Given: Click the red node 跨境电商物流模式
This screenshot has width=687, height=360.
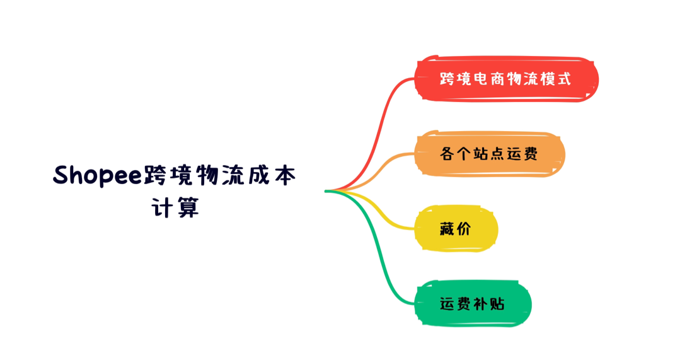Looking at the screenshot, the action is point(506,79).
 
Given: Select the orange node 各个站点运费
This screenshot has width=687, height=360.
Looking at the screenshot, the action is point(489,154).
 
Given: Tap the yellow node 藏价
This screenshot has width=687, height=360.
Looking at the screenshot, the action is point(456,228).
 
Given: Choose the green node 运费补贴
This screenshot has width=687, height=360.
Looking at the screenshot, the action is point(473,303).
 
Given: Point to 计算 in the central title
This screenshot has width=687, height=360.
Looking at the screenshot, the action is point(175,207).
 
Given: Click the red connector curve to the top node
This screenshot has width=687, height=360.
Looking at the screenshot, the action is point(377,127).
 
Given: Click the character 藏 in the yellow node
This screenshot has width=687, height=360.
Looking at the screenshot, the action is point(447,228).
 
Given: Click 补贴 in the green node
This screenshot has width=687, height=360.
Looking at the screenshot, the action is point(489,303).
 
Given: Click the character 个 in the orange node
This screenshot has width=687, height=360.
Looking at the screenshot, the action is point(464,154).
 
